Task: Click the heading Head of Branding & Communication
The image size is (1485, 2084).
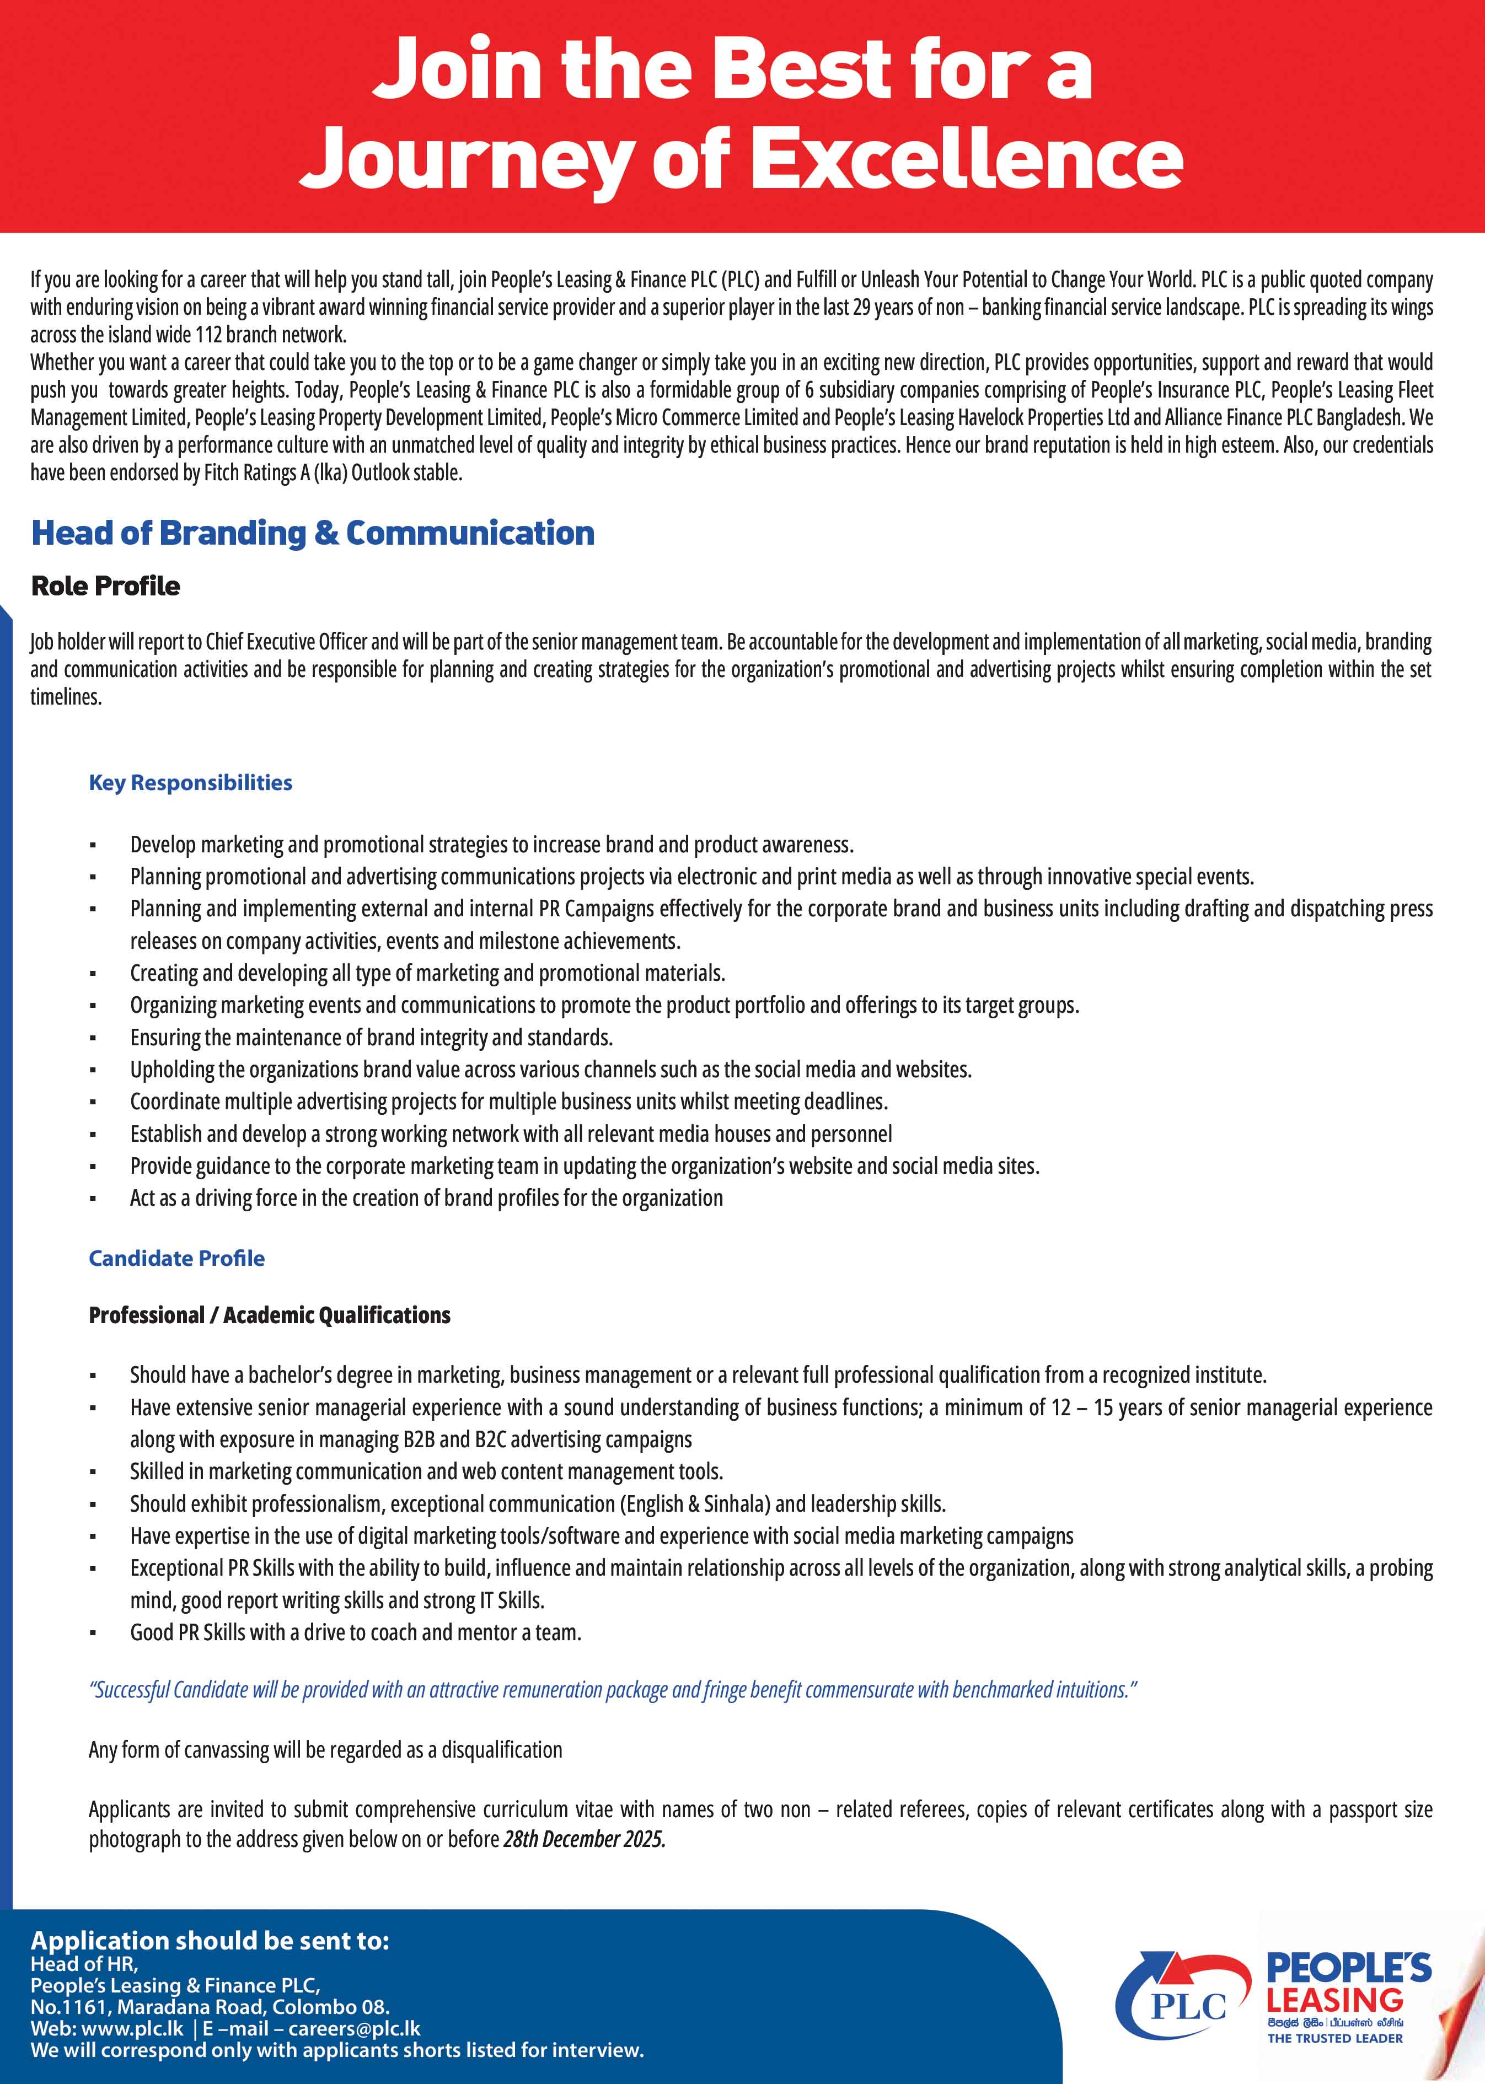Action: click(313, 533)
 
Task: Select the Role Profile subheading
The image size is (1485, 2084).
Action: click(105, 586)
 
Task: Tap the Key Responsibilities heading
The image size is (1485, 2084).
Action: click(190, 782)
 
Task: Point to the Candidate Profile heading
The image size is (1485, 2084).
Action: click(176, 1258)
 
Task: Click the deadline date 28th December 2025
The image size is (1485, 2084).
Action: click(585, 1839)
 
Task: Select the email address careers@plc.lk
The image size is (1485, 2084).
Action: click(354, 2028)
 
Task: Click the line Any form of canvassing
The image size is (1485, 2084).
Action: click(325, 1749)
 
